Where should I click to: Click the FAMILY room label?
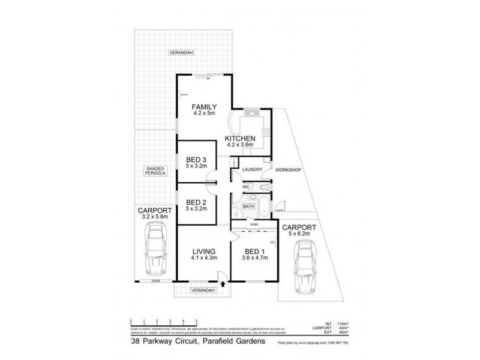tap(204, 107)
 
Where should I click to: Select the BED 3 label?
tap(196, 159)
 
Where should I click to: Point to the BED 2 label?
tap(196, 202)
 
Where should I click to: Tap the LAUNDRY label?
tap(253, 170)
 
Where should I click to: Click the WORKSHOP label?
tap(288, 170)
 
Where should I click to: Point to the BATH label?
tap(249, 206)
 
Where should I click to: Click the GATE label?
tap(280, 211)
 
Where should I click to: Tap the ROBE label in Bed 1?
tap(246, 226)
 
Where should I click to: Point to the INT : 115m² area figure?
tap(336, 323)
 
